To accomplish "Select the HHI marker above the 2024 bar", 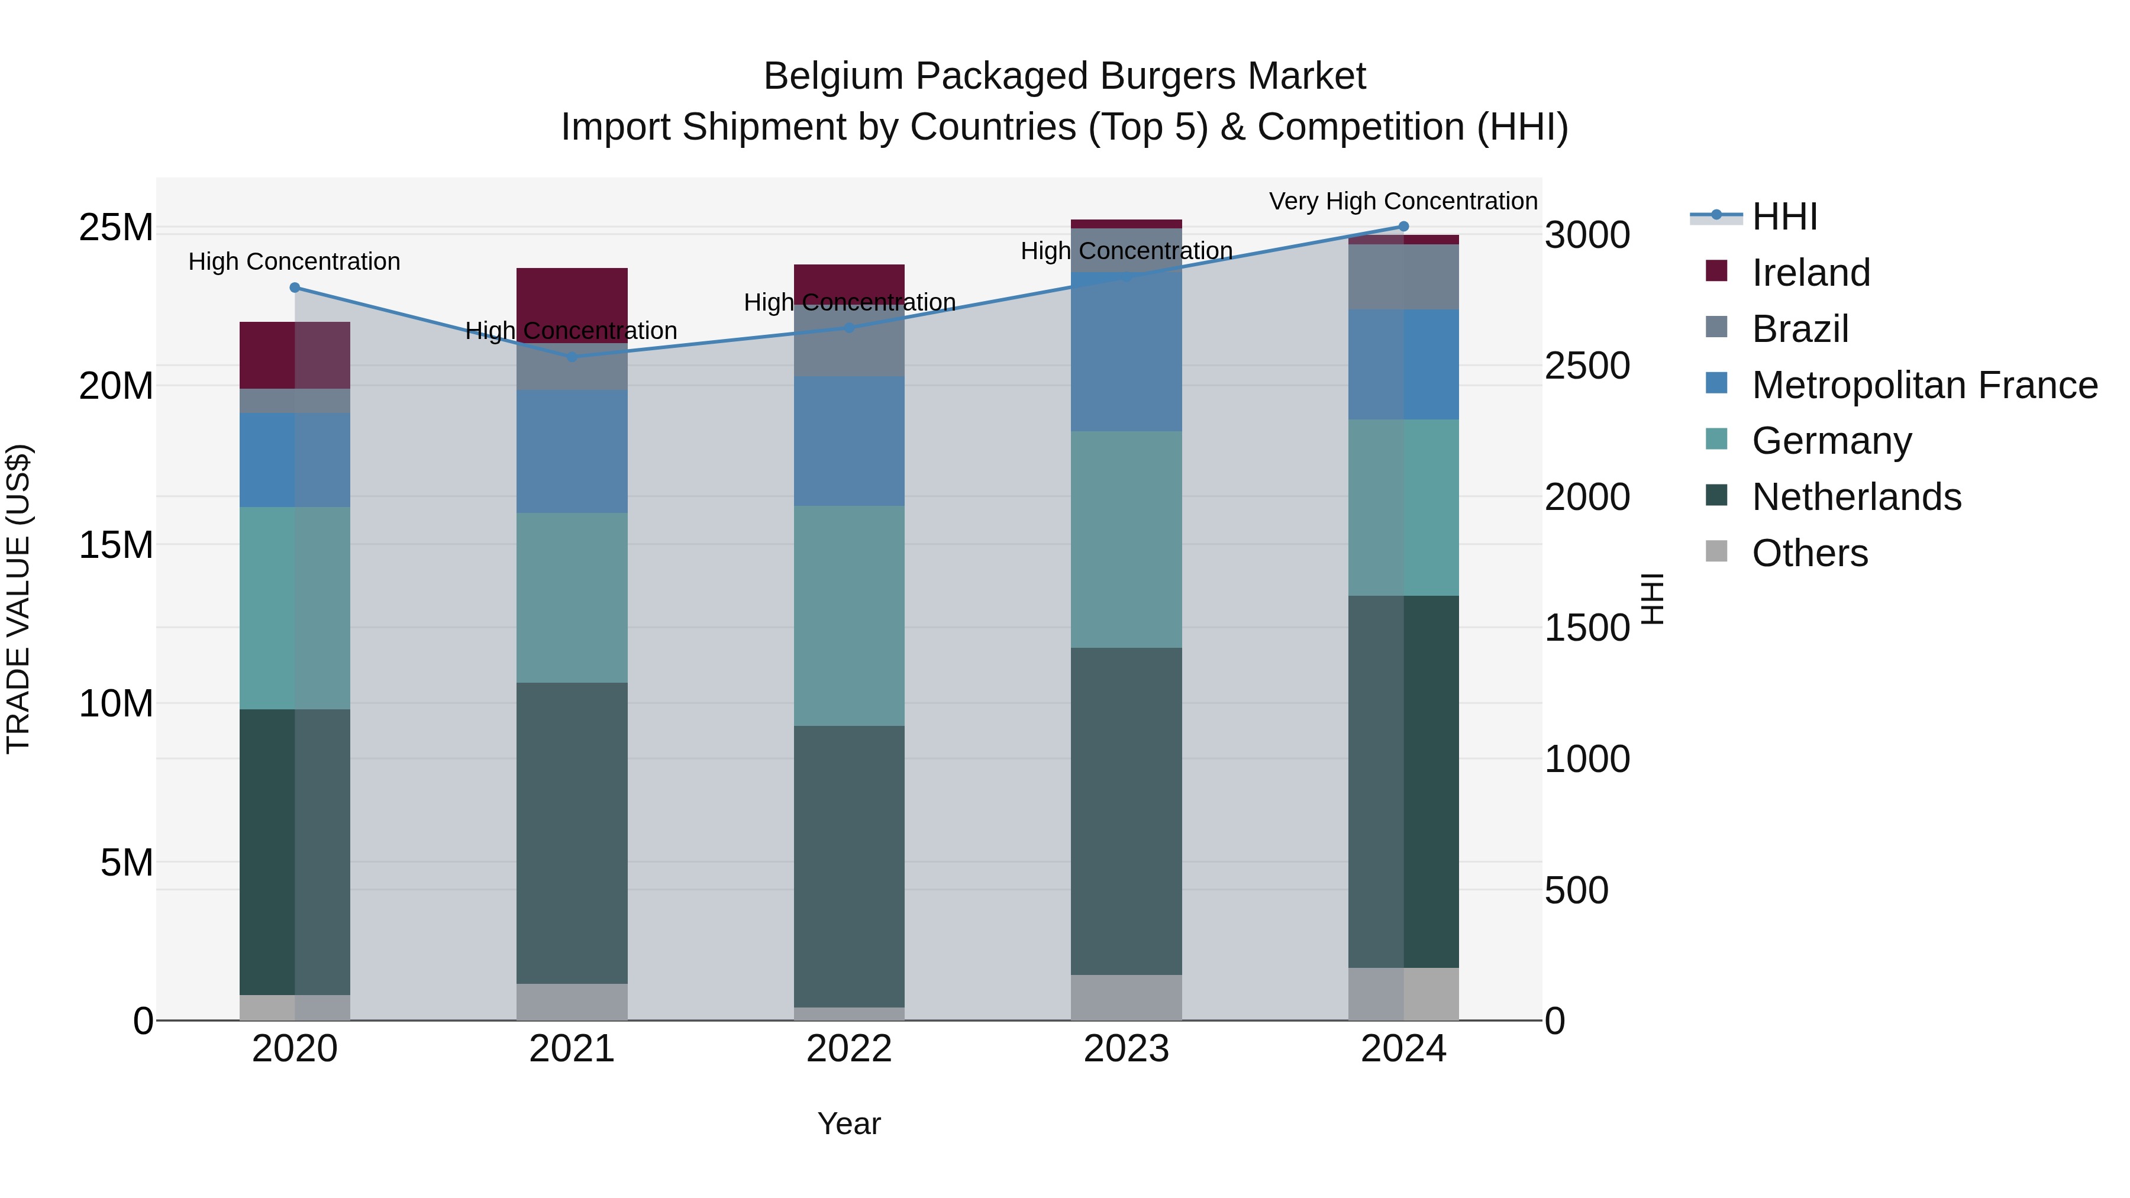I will pyautogui.click(x=1403, y=227).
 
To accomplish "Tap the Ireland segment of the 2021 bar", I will pyautogui.click(x=572, y=298).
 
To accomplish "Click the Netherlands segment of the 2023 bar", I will pyautogui.click(x=1126, y=810).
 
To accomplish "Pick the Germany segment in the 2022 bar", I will pyautogui.click(x=849, y=616).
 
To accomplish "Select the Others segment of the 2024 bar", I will pyautogui.click(x=1403, y=994).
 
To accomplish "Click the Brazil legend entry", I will pyautogui.click(x=1799, y=329).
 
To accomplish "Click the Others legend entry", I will pyautogui.click(x=1809, y=553).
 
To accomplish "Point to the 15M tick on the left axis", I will pyautogui.click(x=116, y=545).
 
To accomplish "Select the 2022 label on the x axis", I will pyautogui.click(x=849, y=1049).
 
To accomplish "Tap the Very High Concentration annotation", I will pyautogui.click(x=1403, y=201).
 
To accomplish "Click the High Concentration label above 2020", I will pyautogui.click(x=295, y=261).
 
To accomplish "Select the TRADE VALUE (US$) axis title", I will pyautogui.click(x=18, y=599).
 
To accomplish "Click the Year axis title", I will pyautogui.click(x=849, y=1123).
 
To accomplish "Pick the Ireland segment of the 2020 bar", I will pyautogui.click(x=295, y=356).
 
